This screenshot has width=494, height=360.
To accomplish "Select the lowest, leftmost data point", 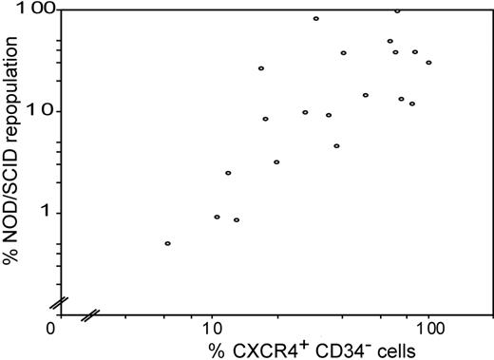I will point(167,244).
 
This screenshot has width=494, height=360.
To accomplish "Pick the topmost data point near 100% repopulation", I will point(397,10).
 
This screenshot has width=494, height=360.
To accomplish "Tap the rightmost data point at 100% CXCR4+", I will point(428,63).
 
